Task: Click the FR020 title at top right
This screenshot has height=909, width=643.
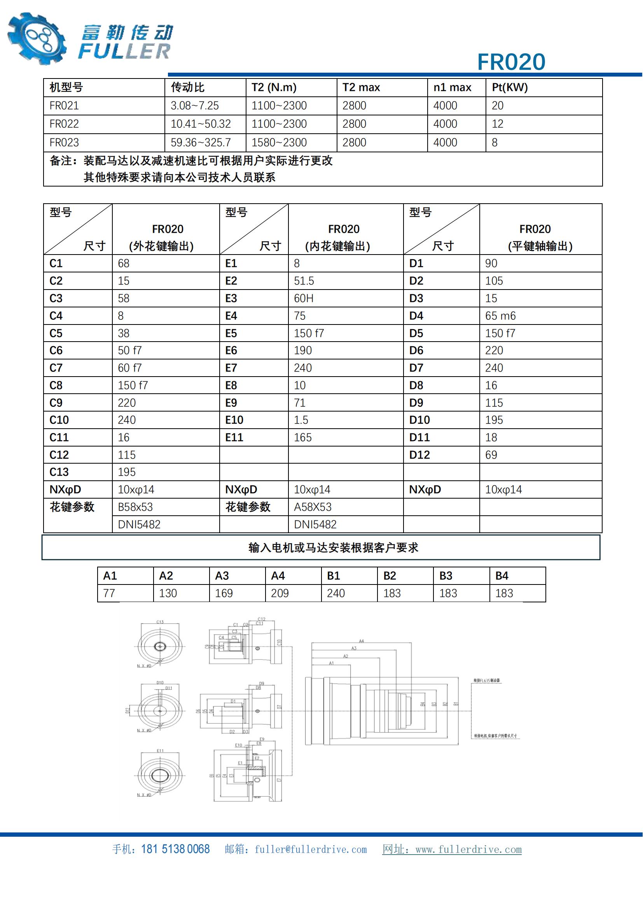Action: pos(511,62)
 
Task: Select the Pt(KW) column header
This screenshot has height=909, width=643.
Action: pos(510,87)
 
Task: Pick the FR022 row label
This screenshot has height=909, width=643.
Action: pos(64,124)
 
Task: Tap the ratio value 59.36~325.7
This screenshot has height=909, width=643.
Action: pos(201,143)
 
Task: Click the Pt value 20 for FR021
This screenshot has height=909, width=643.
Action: pos(497,106)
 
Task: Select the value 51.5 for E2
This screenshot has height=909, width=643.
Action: pos(304,281)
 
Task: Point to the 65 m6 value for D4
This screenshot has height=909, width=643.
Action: pos(500,316)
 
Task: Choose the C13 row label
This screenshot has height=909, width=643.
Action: pos(59,472)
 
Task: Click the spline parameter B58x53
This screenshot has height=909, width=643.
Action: pos(135,507)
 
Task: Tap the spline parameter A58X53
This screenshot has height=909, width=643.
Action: pos(313,507)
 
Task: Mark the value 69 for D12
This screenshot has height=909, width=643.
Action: pos(491,455)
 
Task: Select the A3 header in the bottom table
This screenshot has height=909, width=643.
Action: pos(222,576)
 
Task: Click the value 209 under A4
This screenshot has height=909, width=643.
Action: pos(280,593)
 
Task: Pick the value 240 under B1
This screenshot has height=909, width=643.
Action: pos(336,593)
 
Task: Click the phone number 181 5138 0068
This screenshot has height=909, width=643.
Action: pos(175,849)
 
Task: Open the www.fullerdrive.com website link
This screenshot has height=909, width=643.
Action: pos(468,850)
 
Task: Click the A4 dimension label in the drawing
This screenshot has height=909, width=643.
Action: pos(361,641)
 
